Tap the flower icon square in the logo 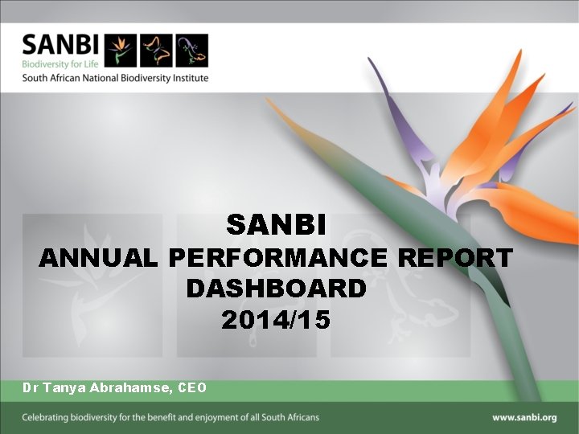[121, 51]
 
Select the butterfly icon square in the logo [157, 51]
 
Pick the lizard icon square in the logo [191, 51]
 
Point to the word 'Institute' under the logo [188, 78]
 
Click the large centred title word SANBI [276, 225]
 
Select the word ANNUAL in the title [100, 258]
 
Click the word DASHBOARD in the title [276, 288]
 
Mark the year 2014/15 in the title [276, 320]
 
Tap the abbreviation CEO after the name [192, 387]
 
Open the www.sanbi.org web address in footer [524, 417]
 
